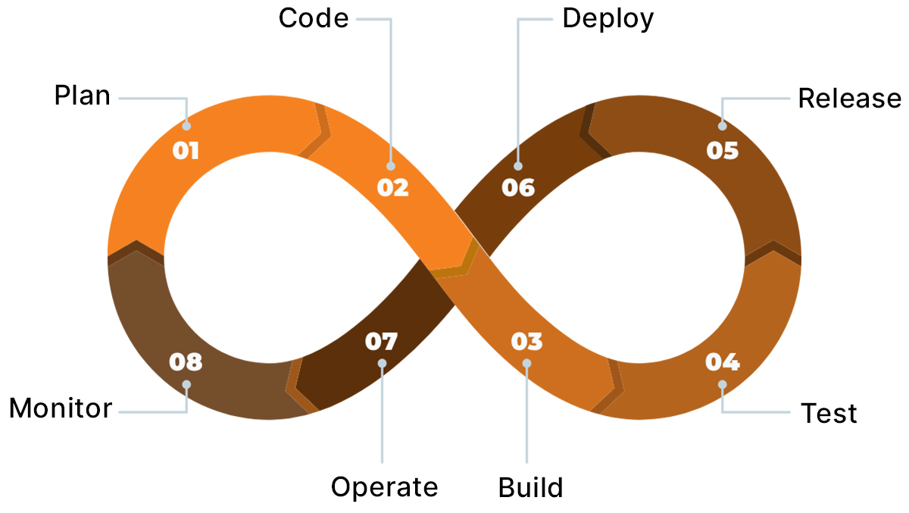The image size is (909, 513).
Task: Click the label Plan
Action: click(82, 97)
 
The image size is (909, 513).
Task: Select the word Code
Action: click(314, 18)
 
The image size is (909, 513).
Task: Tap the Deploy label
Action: click(608, 18)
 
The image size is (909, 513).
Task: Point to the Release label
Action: click(850, 99)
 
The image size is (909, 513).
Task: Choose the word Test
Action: click(829, 414)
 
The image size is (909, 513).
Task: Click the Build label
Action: click(530, 487)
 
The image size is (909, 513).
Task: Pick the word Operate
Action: click(385, 487)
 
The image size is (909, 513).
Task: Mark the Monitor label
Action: click(61, 409)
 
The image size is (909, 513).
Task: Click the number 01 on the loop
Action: click(186, 151)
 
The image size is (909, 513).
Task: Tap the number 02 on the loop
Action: click(392, 187)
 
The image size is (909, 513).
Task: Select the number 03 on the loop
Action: click(526, 342)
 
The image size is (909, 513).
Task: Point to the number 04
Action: click(722, 362)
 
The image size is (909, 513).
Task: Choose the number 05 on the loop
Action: click(722, 151)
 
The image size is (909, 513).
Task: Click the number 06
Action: click(518, 187)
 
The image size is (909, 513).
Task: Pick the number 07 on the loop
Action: click(381, 342)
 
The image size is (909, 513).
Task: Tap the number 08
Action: click(186, 362)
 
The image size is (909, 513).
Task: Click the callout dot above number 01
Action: click(186, 126)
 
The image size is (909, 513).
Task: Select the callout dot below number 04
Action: click(722, 384)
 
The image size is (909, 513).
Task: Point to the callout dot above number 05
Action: click(722, 126)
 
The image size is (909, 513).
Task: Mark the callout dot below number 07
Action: click(382, 364)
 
